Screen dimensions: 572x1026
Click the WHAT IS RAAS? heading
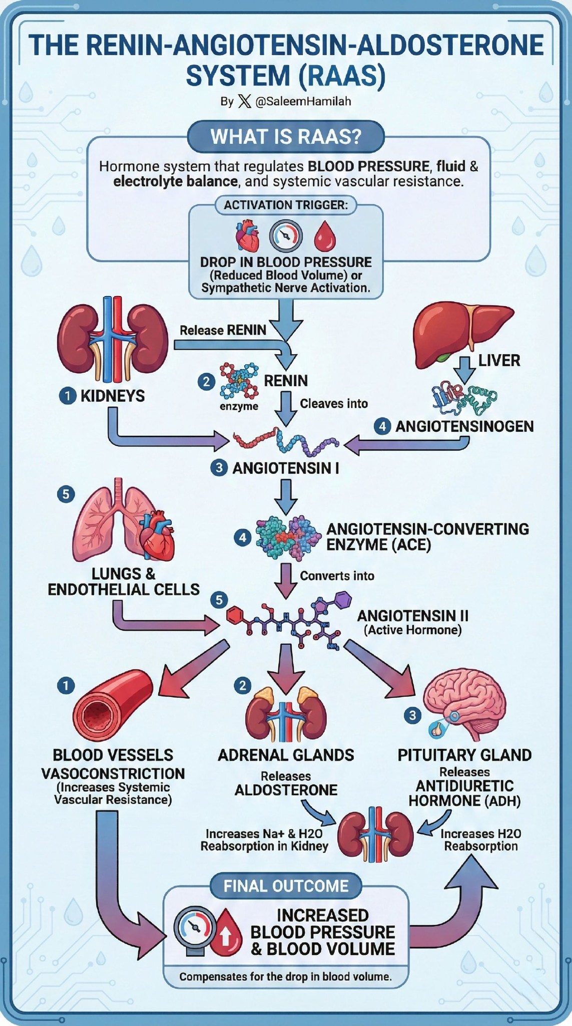(x=286, y=137)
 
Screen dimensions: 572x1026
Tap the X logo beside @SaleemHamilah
(x=244, y=102)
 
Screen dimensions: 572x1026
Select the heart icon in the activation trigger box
(x=248, y=236)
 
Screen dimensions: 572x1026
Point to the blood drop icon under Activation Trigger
(x=324, y=236)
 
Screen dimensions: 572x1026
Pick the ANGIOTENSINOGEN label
(x=464, y=426)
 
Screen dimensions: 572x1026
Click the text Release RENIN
(x=223, y=330)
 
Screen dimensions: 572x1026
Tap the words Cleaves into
(x=334, y=403)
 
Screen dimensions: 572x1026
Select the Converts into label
(x=337, y=576)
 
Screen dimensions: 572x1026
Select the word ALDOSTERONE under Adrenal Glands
(x=286, y=790)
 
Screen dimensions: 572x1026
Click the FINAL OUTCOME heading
(x=286, y=886)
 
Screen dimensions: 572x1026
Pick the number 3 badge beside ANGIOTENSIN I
(x=219, y=468)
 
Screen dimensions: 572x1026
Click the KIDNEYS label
(x=113, y=396)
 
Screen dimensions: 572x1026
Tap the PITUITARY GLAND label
(x=464, y=755)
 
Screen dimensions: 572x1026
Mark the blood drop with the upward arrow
(x=225, y=932)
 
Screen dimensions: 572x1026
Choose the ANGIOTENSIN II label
(x=413, y=616)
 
